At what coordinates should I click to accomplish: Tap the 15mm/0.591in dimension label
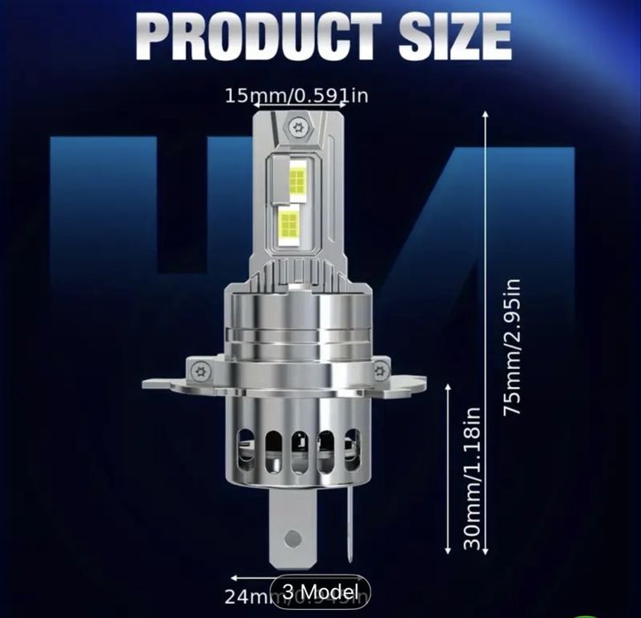coord(295,95)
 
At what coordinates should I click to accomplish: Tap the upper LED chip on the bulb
coord(297,180)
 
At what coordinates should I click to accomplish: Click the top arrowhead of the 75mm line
coord(487,113)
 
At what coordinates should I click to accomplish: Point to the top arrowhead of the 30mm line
coord(452,385)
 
